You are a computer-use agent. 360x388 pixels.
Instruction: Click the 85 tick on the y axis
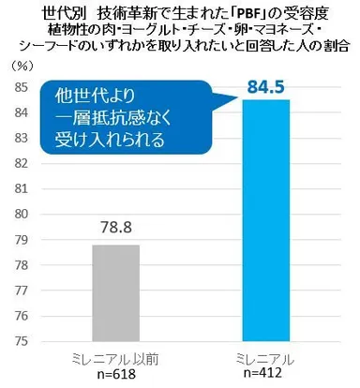tap(19, 87)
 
